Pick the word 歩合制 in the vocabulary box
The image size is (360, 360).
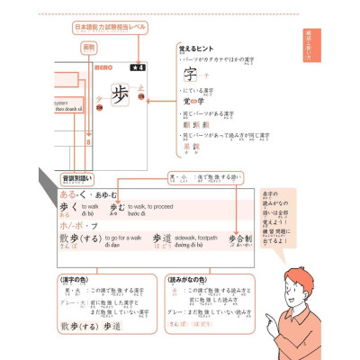click(238, 240)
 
